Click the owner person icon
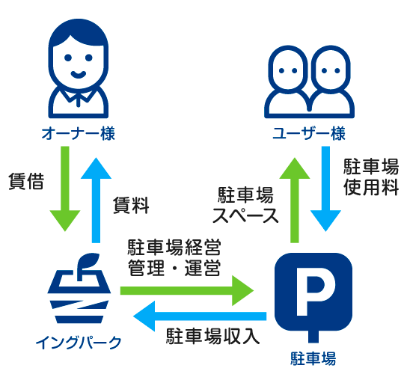(79, 68)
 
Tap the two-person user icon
(309, 82)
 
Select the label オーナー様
(79, 134)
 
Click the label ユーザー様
(309, 134)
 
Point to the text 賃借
(26, 181)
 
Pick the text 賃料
(131, 205)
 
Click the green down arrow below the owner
(65, 189)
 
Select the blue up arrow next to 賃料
(96, 200)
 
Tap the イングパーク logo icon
(79, 288)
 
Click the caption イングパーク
(79, 343)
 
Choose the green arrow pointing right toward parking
(187, 290)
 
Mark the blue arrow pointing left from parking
(200, 316)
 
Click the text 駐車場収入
(212, 336)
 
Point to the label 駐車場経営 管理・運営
(174, 257)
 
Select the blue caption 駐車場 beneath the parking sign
(313, 358)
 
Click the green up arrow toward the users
(295, 200)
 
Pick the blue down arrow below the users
(325, 189)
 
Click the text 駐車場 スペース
(245, 205)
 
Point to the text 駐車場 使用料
(371, 177)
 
